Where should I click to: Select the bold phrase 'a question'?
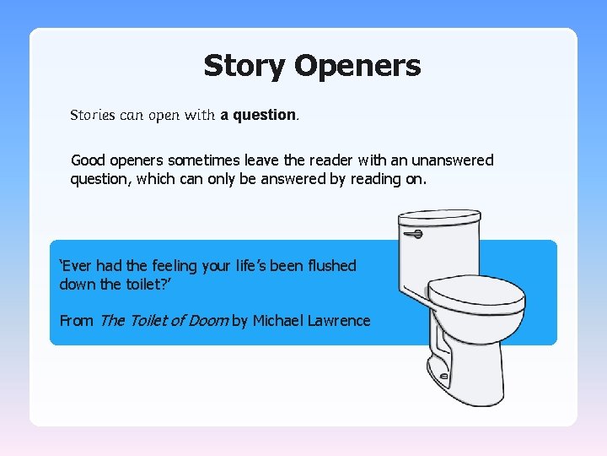(x=258, y=115)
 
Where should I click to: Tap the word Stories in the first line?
(x=93, y=115)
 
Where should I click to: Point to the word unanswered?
(x=453, y=160)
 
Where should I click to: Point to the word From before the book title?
(x=77, y=321)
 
